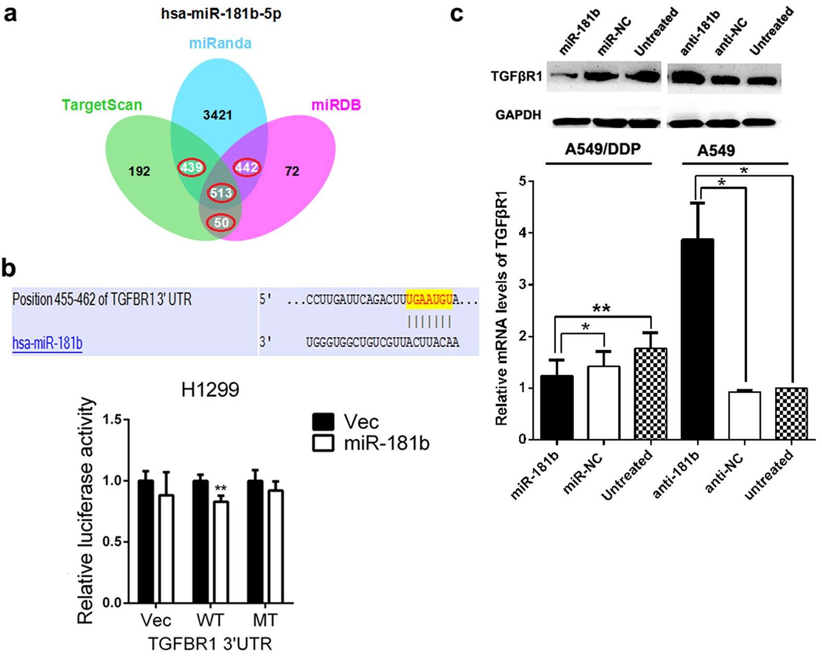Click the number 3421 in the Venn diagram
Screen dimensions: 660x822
click(218, 115)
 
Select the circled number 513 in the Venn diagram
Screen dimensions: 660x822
click(221, 193)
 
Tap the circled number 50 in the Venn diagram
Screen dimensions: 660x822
click(221, 223)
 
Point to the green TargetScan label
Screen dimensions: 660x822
click(102, 105)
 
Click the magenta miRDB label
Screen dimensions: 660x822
click(336, 105)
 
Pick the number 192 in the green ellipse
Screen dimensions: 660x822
click(139, 171)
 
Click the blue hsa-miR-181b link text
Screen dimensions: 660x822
click(47, 344)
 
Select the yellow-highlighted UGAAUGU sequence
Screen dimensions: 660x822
click(429, 299)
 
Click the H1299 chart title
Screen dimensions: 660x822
click(210, 390)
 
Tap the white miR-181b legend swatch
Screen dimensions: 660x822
click(323, 443)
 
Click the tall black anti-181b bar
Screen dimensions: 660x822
click(698, 339)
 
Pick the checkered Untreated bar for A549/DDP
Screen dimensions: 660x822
click(650, 394)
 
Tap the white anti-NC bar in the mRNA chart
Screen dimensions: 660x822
click(745, 416)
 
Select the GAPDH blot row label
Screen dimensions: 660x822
click(518, 115)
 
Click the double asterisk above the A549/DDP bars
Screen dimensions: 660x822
click(602, 309)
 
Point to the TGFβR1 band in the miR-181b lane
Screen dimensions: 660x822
click(565, 76)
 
